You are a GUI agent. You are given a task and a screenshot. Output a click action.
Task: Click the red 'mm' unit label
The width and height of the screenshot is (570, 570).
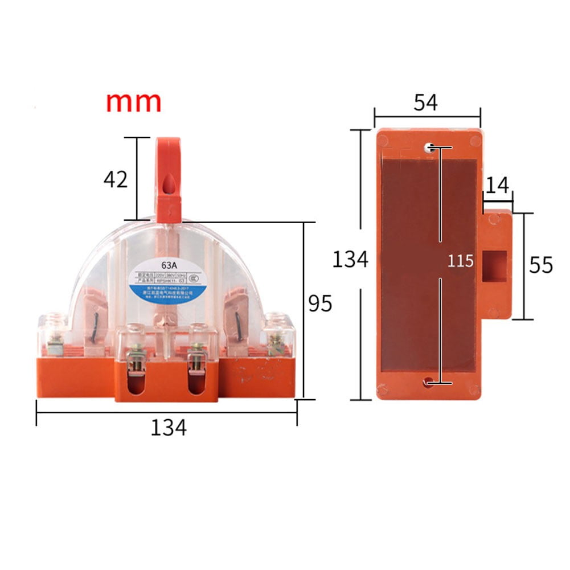134,101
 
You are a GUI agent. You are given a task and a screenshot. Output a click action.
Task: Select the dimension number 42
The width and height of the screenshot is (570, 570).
116,179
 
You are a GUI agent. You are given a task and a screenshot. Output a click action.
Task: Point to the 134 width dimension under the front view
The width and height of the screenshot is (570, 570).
169,427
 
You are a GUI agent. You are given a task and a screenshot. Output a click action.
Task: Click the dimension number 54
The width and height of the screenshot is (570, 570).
425,102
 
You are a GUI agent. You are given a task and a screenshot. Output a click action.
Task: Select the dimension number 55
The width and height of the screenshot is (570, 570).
541,265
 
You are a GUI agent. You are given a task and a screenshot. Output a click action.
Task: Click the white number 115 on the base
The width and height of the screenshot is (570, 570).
460,261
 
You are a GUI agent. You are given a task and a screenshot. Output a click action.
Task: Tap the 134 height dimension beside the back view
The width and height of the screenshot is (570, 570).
350,260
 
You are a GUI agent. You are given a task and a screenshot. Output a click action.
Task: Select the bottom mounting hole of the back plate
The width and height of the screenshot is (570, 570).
428,384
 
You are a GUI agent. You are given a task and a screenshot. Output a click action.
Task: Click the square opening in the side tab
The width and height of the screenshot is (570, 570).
494,266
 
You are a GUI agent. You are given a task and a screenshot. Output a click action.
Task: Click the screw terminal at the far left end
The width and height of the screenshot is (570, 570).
56,342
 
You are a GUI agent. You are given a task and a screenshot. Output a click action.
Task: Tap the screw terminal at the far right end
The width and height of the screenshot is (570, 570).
277,342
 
